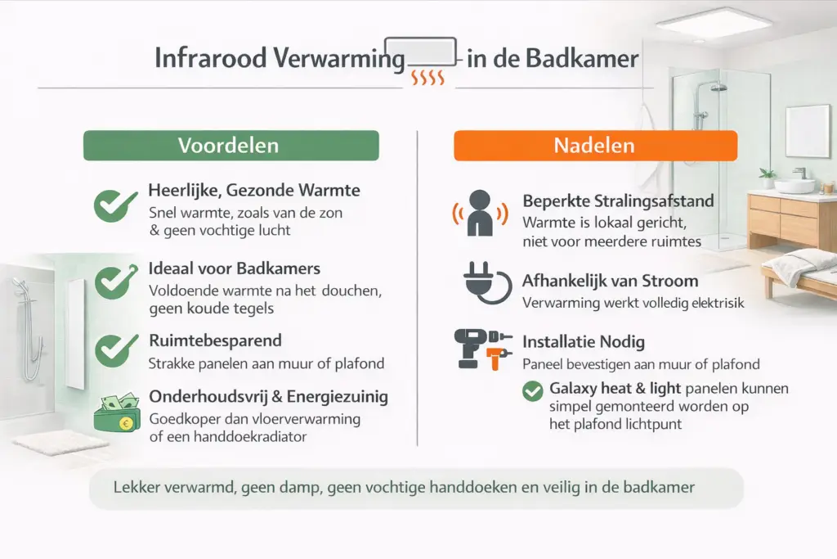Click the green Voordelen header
click(231, 146)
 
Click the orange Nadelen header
click(595, 146)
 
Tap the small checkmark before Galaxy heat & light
click(532, 391)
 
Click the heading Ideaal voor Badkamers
click(235, 268)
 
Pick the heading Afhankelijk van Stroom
click(611, 282)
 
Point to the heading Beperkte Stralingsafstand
click(618, 201)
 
